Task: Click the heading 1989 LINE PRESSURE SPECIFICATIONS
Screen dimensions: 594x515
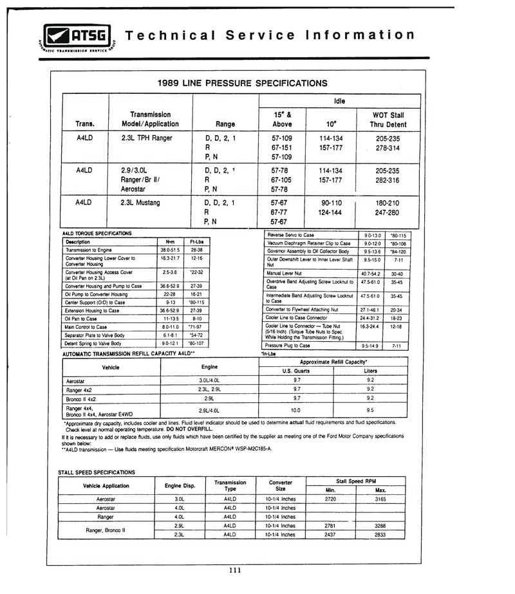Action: point(242,83)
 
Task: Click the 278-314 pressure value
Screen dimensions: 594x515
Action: point(386,147)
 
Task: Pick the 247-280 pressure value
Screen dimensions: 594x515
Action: point(386,212)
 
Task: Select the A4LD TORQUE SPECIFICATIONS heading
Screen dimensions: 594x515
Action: point(97,233)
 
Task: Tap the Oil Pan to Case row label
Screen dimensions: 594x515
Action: point(81,319)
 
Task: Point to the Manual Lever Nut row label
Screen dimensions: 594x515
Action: point(287,273)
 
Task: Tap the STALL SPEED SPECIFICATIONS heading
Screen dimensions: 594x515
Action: point(97,472)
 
